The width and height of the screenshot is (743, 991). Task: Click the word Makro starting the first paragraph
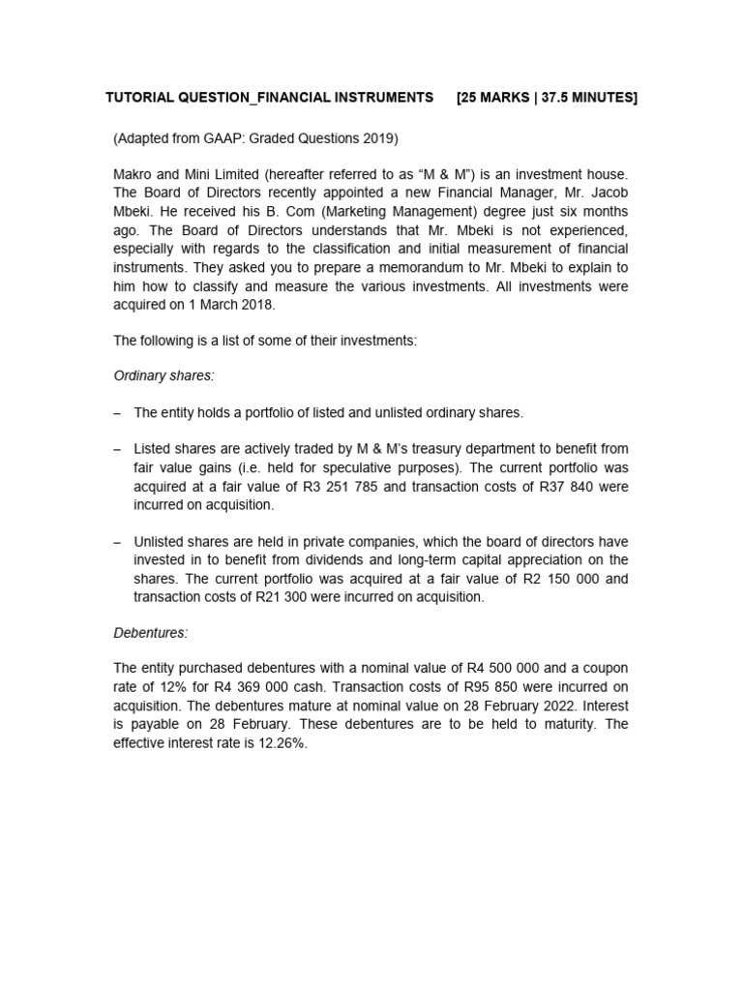(x=134, y=174)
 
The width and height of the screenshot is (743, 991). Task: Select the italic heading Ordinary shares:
(x=163, y=375)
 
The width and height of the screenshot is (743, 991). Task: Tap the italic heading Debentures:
(x=151, y=632)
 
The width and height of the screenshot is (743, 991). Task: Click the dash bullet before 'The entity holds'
(x=117, y=412)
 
